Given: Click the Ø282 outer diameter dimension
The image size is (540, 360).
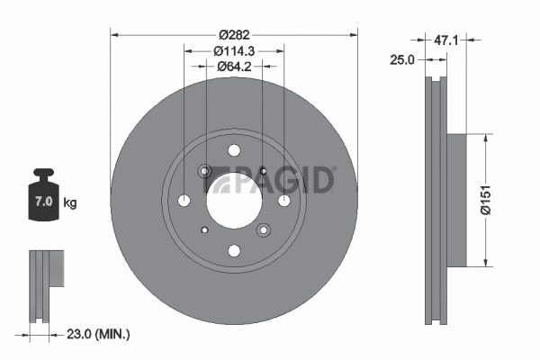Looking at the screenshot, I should coord(234,22).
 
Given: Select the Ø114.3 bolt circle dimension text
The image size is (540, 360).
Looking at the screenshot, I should coord(234,51).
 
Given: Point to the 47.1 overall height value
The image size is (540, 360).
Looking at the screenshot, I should coord(447,40).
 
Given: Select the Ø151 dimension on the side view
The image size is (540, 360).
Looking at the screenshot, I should coord(487,200).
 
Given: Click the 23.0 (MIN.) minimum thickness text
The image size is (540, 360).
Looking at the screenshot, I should coord(99,334).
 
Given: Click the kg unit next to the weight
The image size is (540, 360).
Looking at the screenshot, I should coord(69,202).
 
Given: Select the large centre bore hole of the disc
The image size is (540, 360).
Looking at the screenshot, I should coord(233,201).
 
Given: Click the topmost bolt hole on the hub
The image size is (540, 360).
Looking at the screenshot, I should coord(234,151).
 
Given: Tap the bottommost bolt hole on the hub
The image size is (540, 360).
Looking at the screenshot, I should coord(234,251).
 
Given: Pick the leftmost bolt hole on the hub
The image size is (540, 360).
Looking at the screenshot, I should coord(184,201).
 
